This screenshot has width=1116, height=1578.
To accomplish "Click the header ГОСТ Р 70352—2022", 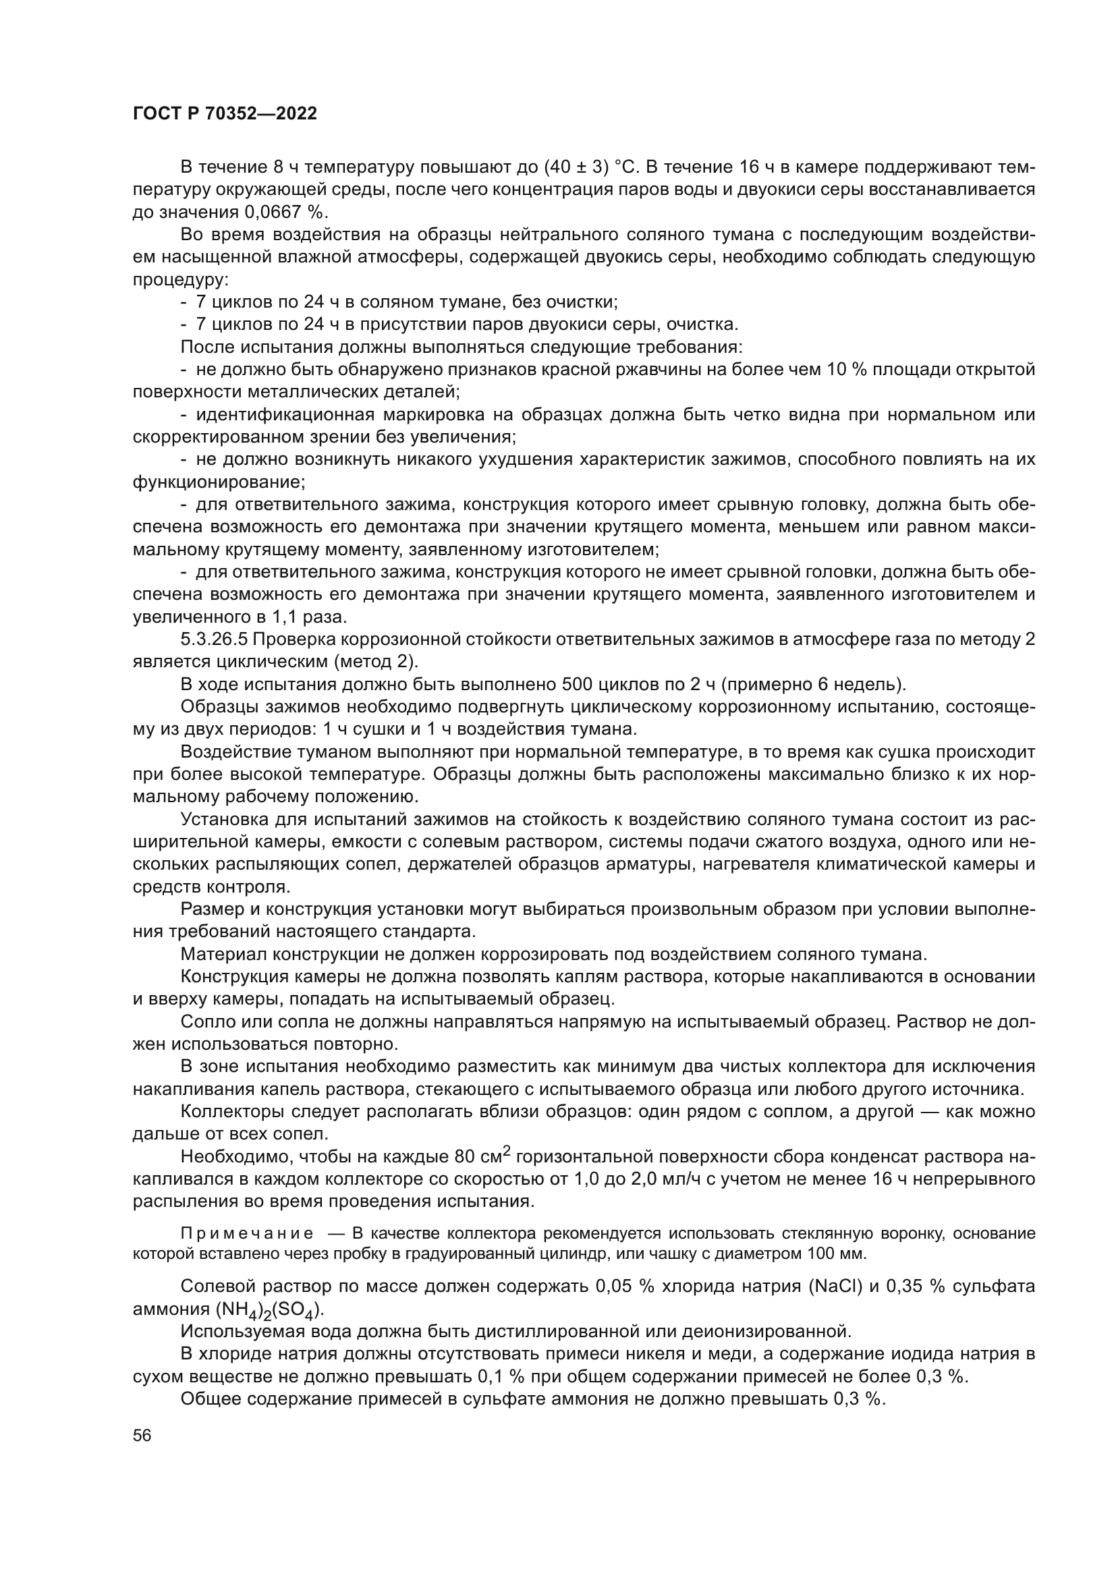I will tap(225, 114).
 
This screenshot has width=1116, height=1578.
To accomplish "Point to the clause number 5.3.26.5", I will tap(215, 639).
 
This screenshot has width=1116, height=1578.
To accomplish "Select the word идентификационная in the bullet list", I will tap(285, 414).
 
